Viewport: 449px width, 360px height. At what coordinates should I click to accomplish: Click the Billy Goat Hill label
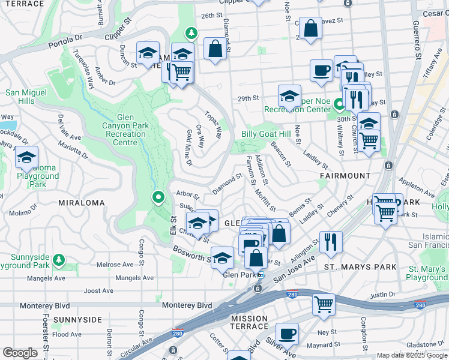266,134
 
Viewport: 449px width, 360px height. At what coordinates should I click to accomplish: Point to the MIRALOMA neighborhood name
82,203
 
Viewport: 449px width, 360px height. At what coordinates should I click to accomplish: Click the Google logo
19,353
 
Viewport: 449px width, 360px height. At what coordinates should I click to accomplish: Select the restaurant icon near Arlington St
331,242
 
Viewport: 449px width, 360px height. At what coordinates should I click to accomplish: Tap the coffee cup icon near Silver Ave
287,334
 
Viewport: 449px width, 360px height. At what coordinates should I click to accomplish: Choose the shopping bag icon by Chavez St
310,28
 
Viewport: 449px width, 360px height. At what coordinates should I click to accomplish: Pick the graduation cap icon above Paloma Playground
26,157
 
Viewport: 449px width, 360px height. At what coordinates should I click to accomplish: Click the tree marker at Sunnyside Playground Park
59,260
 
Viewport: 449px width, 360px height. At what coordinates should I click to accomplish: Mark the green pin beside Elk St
158,196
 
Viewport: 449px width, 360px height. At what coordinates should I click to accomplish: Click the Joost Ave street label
99,290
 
